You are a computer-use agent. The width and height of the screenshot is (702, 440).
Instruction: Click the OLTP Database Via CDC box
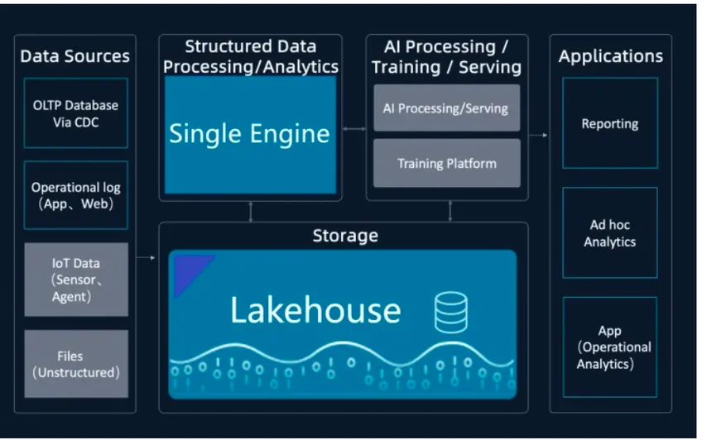(x=75, y=114)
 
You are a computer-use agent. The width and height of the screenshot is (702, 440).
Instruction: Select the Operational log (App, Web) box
(x=75, y=196)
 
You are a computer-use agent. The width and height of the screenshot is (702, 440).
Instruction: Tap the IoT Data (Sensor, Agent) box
(x=75, y=280)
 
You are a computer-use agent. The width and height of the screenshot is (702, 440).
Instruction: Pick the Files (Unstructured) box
(x=75, y=364)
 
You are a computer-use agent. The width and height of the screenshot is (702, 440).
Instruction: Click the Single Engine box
(x=249, y=134)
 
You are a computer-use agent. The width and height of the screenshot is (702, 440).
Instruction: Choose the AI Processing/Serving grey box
(x=446, y=108)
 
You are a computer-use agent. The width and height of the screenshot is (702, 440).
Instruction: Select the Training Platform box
(x=446, y=163)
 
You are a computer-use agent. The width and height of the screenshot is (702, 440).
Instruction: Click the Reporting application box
(x=609, y=124)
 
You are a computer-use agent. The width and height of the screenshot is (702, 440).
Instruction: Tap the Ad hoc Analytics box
(x=609, y=233)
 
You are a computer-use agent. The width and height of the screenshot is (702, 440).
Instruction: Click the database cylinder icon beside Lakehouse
(x=450, y=313)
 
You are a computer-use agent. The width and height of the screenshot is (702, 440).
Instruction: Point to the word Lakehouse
(x=315, y=310)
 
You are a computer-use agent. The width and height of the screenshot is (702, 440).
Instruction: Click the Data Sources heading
(x=75, y=56)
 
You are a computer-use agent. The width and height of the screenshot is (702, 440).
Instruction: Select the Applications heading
(x=610, y=56)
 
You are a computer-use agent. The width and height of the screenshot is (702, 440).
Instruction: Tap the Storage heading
(x=345, y=236)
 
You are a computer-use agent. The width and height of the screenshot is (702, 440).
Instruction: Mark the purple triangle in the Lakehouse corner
(x=187, y=270)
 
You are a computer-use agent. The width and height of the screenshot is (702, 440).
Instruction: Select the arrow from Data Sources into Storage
(x=146, y=259)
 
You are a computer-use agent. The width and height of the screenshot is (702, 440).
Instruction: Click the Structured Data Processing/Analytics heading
(x=250, y=56)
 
